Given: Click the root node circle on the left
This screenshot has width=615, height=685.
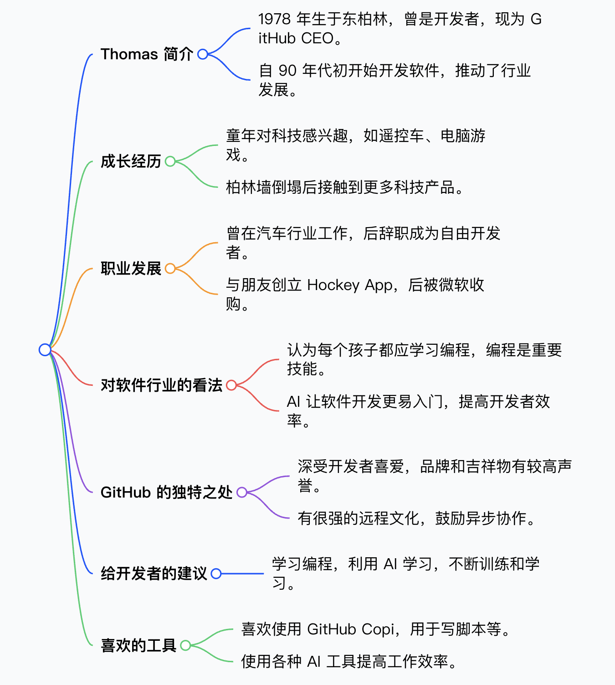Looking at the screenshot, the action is click(x=45, y=350).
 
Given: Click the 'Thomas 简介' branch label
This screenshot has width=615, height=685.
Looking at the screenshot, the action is click(x=147, y=54).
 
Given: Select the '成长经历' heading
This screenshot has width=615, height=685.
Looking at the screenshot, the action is click(x=131, y=161).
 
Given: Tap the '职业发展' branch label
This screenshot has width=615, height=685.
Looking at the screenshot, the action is click(x=131, y=269).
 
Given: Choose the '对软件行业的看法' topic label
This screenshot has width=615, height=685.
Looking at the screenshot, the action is click(x=161, y=385).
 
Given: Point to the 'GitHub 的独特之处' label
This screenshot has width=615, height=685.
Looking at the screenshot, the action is click(x=166, y=493).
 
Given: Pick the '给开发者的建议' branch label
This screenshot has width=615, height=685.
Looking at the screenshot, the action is click(x=154, y=574).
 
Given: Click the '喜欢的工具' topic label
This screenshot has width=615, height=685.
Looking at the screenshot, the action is click(x=138, y=645).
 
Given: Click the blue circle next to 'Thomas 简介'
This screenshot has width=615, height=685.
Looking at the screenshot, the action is click(x=203, y=54).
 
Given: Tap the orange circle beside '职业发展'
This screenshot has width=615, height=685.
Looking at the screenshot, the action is click(x=170, y=269).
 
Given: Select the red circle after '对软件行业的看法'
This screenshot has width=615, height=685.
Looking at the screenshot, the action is click(x=231, y=385).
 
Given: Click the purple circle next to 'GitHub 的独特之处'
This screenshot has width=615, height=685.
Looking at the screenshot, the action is click(x=241, y=493).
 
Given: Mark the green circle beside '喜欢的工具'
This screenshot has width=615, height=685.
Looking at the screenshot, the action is click(x=185, y=645).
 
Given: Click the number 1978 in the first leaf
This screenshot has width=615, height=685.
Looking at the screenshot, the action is click(x=274, y=19).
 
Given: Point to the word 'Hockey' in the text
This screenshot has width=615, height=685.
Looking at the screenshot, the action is click(x=333, y=285).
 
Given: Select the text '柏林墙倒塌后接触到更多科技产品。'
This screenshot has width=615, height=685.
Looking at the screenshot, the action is click(x=344, y=187).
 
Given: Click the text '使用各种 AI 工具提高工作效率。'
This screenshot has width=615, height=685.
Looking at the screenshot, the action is click(x=349, y=662).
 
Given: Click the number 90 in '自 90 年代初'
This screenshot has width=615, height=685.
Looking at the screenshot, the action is click(x=287, y=71).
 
